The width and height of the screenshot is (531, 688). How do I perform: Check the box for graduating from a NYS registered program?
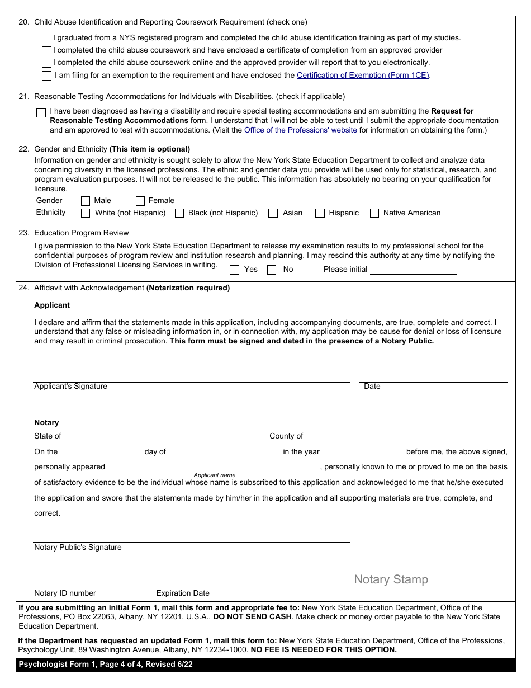coord(46,39)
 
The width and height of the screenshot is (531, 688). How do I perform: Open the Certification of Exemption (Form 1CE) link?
coord(363,75)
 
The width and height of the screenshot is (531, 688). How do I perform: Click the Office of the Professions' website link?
coord(300,130)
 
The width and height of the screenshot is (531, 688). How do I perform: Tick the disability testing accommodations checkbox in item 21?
coord(41,113)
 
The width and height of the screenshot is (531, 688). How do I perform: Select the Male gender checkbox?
coord(86,201)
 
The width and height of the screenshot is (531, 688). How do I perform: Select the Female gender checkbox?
coord(140,201)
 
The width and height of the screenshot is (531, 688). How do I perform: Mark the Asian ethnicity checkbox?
coord(273,213)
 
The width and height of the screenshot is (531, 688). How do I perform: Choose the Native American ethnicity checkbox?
coord(374,213)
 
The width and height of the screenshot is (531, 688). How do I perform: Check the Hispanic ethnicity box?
coord(320,213)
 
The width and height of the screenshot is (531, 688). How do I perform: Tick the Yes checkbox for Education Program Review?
coord(235,270)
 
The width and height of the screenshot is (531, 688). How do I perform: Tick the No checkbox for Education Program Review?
coord(272,270)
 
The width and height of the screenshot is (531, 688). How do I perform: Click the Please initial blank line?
coord(413,269)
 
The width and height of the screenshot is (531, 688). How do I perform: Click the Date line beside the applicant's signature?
coord(433,377)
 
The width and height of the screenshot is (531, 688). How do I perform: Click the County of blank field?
coord(409,436)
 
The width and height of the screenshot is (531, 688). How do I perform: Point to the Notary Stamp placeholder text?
coord(391,579)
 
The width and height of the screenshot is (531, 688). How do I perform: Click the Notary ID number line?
coord(88,583)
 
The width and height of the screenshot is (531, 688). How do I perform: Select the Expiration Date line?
coord(207,583)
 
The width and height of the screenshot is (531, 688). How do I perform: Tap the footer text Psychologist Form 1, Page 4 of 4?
coord(106,665)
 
